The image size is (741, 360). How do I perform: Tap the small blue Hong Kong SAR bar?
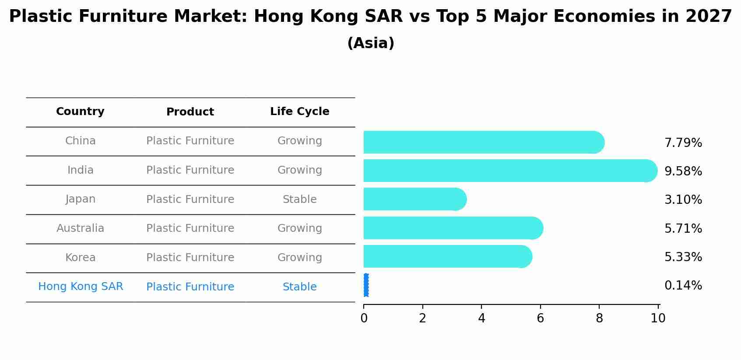point(366,285)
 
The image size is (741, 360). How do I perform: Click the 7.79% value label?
point(683,143)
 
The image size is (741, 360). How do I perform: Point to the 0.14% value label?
point(683,286)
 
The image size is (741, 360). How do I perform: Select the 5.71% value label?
point(683,228)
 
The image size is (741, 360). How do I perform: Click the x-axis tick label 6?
point(540,318)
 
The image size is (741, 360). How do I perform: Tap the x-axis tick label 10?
point(658,318)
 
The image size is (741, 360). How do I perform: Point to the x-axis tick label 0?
point(364,318)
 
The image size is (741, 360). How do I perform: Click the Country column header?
point(80,112)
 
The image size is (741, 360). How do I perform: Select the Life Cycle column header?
point(299,112)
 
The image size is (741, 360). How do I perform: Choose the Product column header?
point(190,112)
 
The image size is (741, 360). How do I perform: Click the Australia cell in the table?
point(80,228)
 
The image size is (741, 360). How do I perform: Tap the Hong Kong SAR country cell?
point(81,287)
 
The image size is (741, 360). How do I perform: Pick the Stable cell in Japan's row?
point(299,199)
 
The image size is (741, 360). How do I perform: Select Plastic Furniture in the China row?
point(190,141)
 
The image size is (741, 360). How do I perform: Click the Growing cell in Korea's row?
point(299,258)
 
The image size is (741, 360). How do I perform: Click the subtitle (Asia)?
point(370,43)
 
